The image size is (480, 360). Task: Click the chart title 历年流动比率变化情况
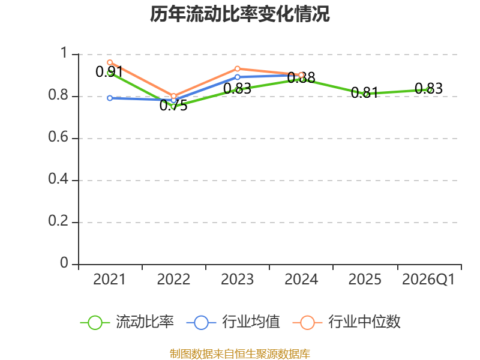(x=239, y=14)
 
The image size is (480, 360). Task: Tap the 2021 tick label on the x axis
(x=109, y=280)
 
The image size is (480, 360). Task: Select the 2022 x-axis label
(x=173, y=280)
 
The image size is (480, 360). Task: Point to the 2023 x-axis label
(x=237, y=280)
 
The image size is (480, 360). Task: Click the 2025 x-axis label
(x=365, y=280)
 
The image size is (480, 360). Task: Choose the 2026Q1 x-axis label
(x=428, y=280)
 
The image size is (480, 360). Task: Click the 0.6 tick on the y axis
(x=58, y=137)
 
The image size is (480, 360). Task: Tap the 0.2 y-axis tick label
(x=58, y=221)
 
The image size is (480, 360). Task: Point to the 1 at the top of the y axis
(x=64, y=53)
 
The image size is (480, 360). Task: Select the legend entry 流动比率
(x=127, y=322)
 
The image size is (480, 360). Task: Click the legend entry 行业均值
(x=233, y=322)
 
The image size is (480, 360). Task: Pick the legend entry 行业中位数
(x=347, y=322)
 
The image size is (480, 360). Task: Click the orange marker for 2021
(x=110, y=62)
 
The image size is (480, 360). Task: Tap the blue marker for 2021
(x=110, y=98)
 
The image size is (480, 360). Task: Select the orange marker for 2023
(x=238, y=69)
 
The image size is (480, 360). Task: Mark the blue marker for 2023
(x=238, y=77)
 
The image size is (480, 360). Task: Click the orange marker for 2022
(x=173, y=96)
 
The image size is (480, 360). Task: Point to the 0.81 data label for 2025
(x=365, y=92)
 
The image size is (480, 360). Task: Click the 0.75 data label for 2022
(x=173, y=106)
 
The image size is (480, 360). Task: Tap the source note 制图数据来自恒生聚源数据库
(x=240, y=354)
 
